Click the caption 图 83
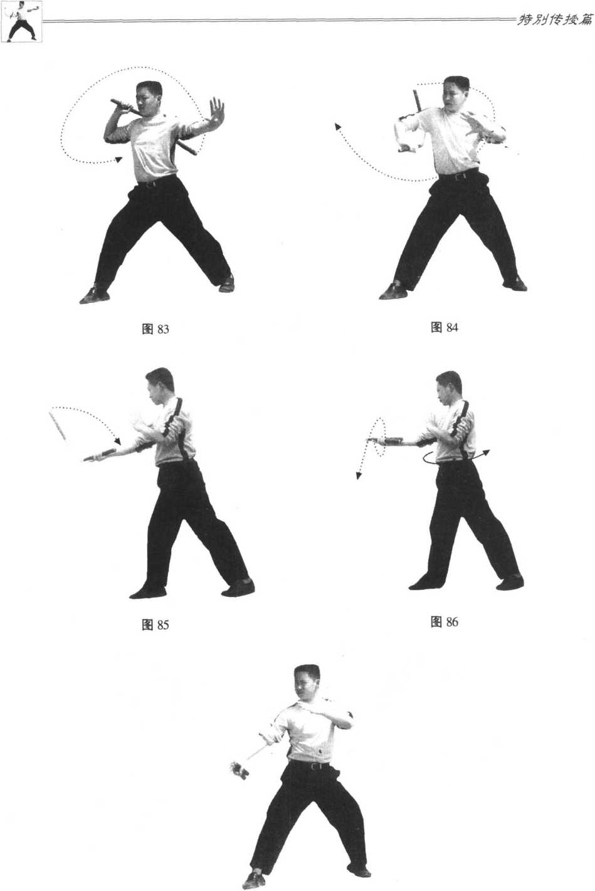coord(155,329)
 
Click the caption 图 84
coord(445,327)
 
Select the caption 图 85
coord(155,625)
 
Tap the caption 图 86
coord(445,621)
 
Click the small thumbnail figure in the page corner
coord(21,21)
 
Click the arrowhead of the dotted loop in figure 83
coord(118,159)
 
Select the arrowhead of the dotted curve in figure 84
coord(337,127)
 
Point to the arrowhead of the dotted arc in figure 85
coord(117,441)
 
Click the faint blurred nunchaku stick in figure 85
coord(58,426)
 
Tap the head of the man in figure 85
coord(159,386)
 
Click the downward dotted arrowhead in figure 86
coord(359,475)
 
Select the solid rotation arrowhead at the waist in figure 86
coord(486,452)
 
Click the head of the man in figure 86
coord(448,389)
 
